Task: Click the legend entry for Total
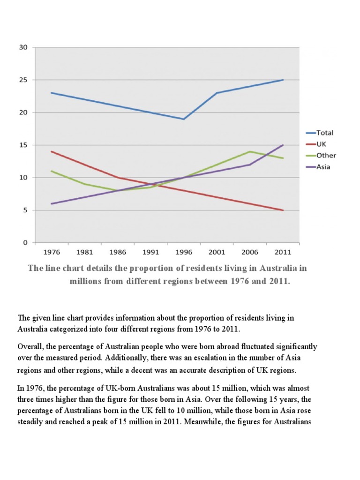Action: pyautogui.click(x=325, y=133)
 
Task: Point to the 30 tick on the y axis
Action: pyautogui.click(x=23, y=47)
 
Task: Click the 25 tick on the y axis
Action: pyautogui.click(x=23, y=80)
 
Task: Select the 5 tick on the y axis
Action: pyautogui.click(x=26, y=210)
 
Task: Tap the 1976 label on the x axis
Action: pyautogui.click(x=52, y=252)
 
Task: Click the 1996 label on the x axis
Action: pyautogui.click(x=184, y=252)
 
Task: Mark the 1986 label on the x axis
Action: pyautogui.click(x=118, y=252)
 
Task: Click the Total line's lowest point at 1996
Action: pyautogui.click(x=184, y=119)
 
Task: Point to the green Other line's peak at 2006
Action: pyautogui.click(x=250, y=151)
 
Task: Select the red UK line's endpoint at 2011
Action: pyautogui.click(x=283, y=210)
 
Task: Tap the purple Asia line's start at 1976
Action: pyautogui.click(x=52, y=204)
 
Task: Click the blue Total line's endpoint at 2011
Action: pyautogui.click(x=283, y=80)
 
